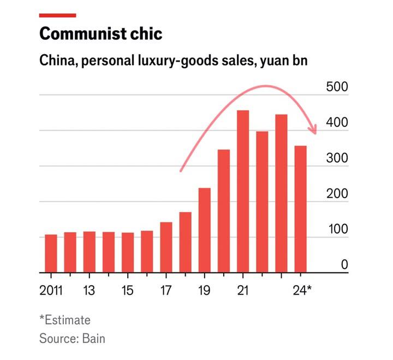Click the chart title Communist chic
pos(100,34)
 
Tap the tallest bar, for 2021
pos(243,192)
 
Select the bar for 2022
pos(262,202)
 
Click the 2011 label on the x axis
pos(51,291)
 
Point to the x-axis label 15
pos(127,291)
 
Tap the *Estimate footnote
pos(64,320)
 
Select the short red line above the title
pos(57,15)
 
